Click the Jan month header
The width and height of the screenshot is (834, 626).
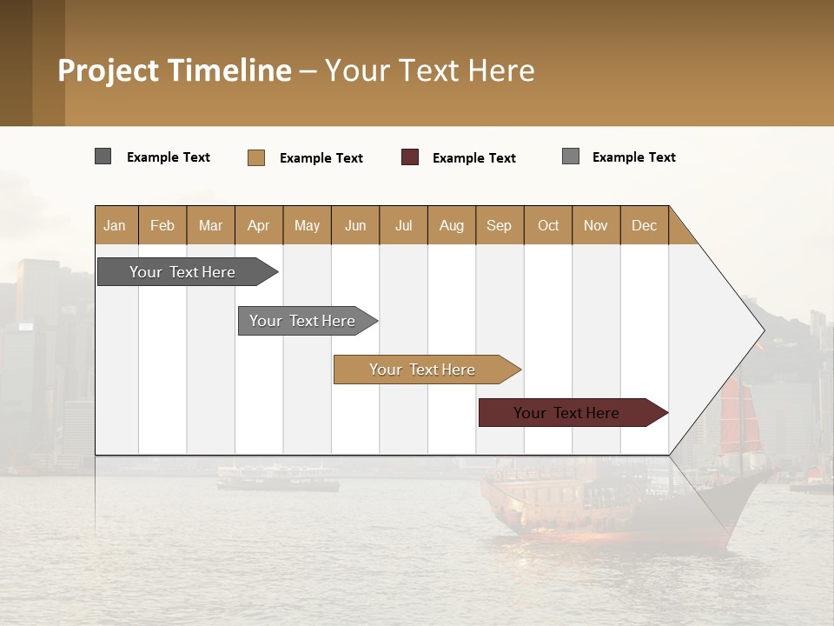pyautogui.click(x=115, y=225)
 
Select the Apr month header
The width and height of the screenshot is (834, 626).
pyautogui.click(x=258, y=225)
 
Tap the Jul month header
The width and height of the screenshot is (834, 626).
pyautogui.click(x=403, y=225)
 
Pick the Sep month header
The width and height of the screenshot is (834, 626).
pyautogui.click(x=499, y=225)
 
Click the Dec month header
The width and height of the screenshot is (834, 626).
pyautogui.click(x=644, y=225)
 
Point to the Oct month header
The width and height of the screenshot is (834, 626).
pyautogui.click(x=547, y=225)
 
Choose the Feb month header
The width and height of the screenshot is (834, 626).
pyautogui.click(x=162, y=225)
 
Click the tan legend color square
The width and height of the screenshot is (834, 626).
pyautogui.click(x=256, y=157)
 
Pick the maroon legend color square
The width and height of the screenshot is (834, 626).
pyautogui.click(x=410, y=157)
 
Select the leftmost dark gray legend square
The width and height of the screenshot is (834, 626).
pyautogui.click(x=103, y=156)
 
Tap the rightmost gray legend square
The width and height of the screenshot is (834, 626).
pyautogui.click(x=571, y=156)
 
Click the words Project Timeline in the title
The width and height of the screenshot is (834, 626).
pyautogui.click(x=175, y=70)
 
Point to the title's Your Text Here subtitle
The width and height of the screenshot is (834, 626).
pyautogui.click(x=429, y=70)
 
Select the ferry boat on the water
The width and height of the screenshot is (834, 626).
pyautogui.click(x=277, y=477)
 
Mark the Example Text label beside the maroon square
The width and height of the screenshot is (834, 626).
pyautogui.click(x=473, y=158)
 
